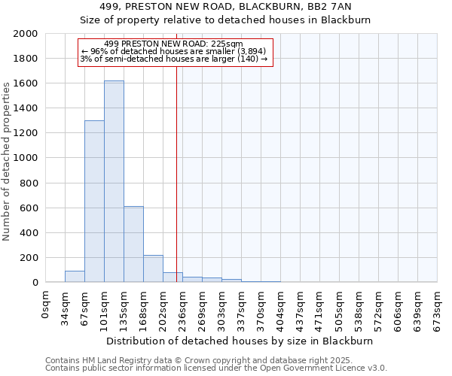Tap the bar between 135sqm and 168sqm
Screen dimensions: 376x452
[133, 244]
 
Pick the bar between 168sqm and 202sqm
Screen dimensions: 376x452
[153, 268]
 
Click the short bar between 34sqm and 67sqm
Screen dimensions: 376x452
[75, 277]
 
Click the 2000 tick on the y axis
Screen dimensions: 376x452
[26, 34]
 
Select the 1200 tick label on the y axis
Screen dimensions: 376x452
[26, 133]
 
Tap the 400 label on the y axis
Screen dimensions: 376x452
[29, 233]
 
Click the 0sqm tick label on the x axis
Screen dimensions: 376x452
[46, 305]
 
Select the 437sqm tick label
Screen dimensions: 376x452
[301, 308]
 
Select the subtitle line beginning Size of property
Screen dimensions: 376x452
[225, 20]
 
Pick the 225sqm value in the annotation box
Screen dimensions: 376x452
[228, 44]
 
